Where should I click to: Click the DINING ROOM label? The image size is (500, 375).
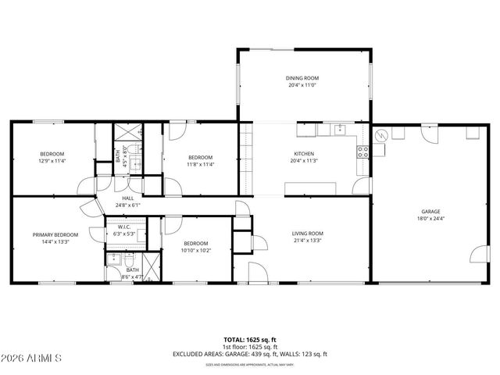click(303, 78)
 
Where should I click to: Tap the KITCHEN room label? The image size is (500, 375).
click(303, 154)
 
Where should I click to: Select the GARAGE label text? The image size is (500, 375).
click(430, 212)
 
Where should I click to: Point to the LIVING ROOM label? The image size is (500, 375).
click(307, 234)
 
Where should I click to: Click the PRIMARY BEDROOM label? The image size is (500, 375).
click(55, 234)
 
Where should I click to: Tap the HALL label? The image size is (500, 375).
click(127, 198)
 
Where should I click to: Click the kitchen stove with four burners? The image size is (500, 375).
click(363, 152)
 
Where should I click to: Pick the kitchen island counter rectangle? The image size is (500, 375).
click(310, 188)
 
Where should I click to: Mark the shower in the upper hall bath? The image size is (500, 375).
click(127, 133)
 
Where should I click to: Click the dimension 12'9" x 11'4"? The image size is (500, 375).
click(52, 161)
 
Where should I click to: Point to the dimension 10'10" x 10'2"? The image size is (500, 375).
click(195, 250)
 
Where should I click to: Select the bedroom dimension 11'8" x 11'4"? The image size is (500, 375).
click(200, 164)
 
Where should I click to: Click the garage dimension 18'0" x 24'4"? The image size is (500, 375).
click(430, 219)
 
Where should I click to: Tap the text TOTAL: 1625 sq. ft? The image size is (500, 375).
click(249, 340)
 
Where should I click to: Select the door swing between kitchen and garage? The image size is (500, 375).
click(361, 186)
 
